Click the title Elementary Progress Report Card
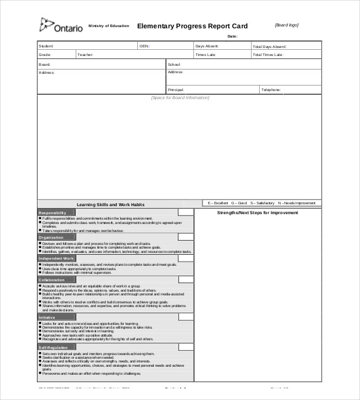pos(192,26)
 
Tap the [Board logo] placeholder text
pos(286,25)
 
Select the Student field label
pos(46,46)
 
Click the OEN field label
pos(144,46)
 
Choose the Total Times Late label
pos(268,55)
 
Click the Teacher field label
pos(86,55)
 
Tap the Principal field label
pos(176,90)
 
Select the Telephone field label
pos(271,90)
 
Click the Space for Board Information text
pos(180,98)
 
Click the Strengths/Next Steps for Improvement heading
pos(257,213)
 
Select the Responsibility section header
pos(52,212)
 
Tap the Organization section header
pos(51,237)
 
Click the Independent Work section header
pos(56,258)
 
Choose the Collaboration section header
pos(52,279)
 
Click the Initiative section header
pos(47,317)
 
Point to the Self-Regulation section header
pos(54,347)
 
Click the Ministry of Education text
pos(109,26)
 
